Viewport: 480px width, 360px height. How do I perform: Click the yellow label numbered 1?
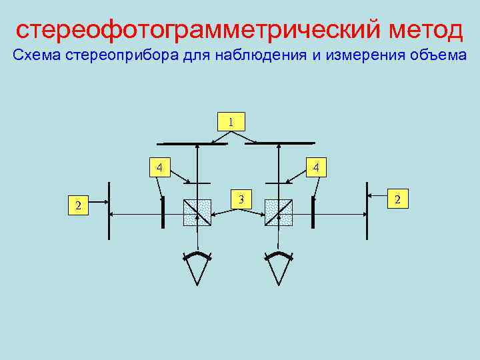point(231,121)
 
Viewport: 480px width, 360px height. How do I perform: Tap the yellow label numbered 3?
point(243,198)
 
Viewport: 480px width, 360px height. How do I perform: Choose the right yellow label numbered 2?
point(399,198)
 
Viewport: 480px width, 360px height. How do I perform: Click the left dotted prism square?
point(197,213)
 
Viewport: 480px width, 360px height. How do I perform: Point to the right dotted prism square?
point(278,213)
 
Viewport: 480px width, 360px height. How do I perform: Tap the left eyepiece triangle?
point(197,269)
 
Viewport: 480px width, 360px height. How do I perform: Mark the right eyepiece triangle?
point(279,269)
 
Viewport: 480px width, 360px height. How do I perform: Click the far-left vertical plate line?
point(109,210)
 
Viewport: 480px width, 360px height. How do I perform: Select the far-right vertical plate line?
point(366,210)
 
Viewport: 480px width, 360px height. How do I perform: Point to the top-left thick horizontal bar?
point(191,143)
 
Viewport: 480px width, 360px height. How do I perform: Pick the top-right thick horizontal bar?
point(285,143)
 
